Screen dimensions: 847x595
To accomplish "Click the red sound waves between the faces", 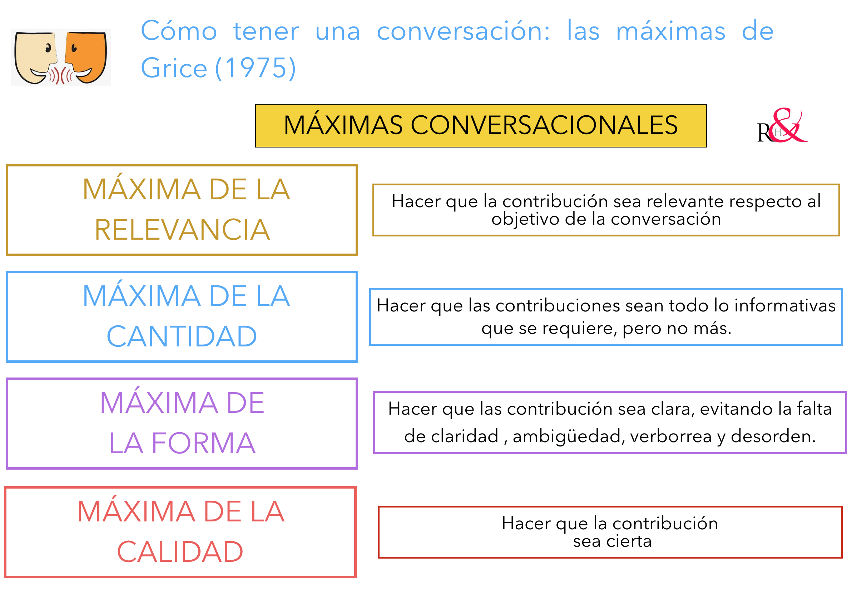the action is click(61, 75).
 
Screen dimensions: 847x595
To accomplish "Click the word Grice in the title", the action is click(174, 68).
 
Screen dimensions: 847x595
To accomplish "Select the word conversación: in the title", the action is click(463, 31).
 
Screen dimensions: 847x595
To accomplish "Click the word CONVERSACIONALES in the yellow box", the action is click(544, 125).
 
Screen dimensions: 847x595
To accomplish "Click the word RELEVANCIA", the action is click(182, 230).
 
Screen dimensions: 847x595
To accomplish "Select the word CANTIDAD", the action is click(182, 336).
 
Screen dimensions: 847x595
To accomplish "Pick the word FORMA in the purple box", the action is click(203, 443).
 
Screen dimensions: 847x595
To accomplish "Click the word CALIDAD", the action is click(180, 552).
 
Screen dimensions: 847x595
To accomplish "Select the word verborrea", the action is click(671, 436).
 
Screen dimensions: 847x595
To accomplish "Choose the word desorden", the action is click(773, 436).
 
